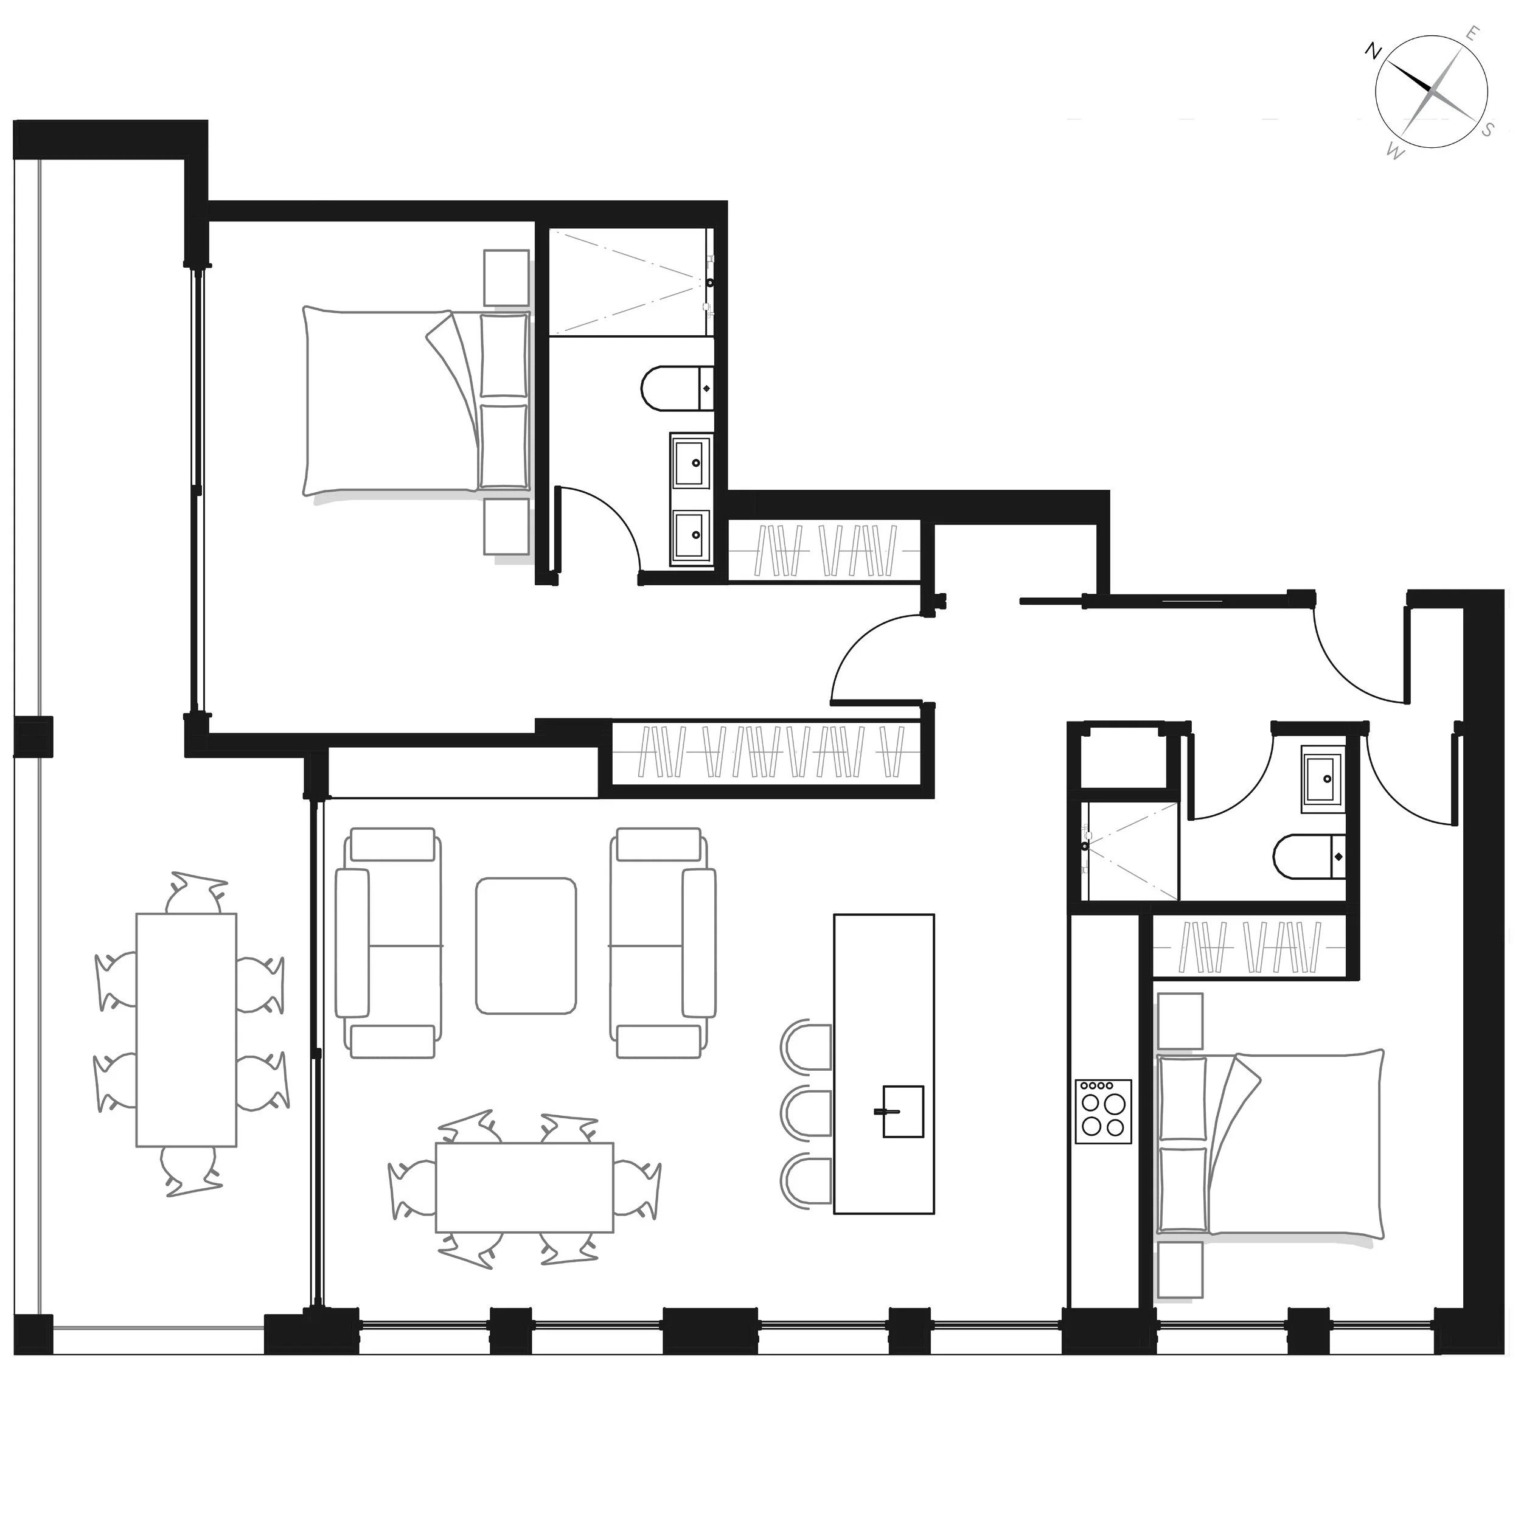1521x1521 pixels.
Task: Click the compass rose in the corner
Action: point(1430,92)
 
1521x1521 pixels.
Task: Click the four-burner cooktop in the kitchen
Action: point(1103,1111)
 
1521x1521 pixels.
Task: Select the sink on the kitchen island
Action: point(902,1111)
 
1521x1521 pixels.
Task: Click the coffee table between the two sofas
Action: point(526,945)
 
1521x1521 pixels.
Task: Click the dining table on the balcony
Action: point(187,1030)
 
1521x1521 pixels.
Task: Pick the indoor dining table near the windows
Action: point(524,1187)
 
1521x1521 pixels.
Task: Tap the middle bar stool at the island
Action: point(806,1111)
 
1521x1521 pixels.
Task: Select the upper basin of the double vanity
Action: point(690,463)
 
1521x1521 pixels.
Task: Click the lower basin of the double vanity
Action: point(690,535)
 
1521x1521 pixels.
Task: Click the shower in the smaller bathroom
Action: point(1130,851)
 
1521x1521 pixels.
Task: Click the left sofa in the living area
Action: point(388,942)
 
